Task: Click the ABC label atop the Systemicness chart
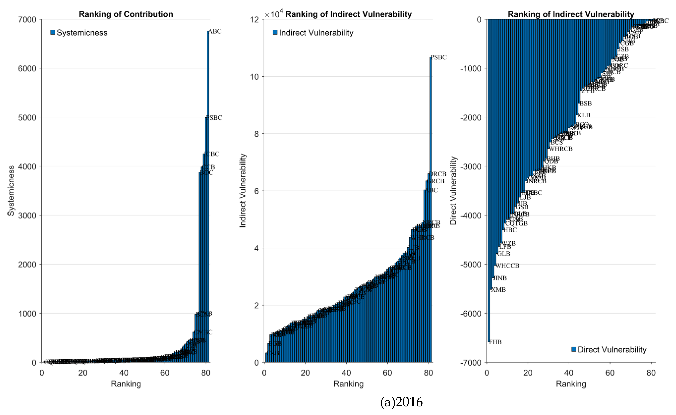(x=215, y=31)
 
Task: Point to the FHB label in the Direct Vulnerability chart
(x=495, y=342)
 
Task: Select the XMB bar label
(x=498, y=290)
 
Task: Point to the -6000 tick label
(x=470, y=313)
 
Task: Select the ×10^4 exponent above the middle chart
(x=274, y=14)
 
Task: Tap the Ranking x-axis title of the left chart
(x=126, y=384)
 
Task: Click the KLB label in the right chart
(x=584, y=115)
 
